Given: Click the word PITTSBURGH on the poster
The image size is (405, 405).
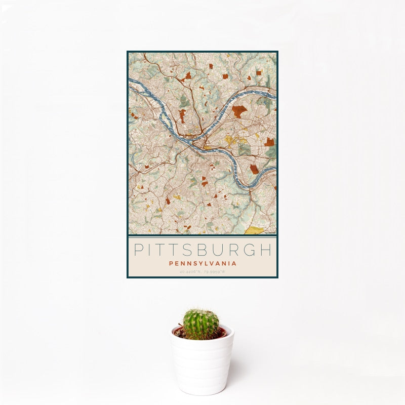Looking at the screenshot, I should tap(202, 250).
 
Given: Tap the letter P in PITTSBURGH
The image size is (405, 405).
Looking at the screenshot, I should tap(138, 250).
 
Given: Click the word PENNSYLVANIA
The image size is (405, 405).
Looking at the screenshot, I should tap(202, 263).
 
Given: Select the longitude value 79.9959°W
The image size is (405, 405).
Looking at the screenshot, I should tap(214, 272).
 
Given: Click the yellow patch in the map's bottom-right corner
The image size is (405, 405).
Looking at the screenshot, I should tap(256, 230).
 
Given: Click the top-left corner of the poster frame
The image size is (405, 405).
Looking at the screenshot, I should tap(128, 52).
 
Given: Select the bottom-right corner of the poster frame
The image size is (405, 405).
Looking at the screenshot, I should tap(277, 277).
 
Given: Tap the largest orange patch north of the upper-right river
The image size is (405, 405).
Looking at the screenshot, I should tap(239, 111).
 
